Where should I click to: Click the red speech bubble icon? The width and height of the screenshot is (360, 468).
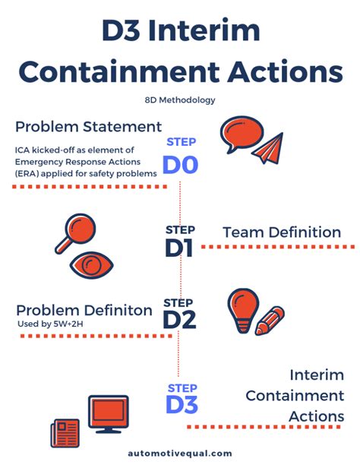point(242,134)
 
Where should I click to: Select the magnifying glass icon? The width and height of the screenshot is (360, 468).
point(76,232)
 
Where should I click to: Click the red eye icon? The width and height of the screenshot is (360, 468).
point(92,265)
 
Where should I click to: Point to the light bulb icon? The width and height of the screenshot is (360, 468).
point(243,311)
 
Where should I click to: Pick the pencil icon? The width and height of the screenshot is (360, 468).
point(270,321)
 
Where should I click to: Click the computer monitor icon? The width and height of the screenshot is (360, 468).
point(109,414)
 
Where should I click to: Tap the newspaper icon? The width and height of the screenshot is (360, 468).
point(65,433)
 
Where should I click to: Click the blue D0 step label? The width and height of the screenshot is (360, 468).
point(181,165)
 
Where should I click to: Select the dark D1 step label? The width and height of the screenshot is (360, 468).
point(179,248)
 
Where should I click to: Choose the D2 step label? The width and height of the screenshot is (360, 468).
point(179,320)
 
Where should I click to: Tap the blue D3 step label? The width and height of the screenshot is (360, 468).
point(182,404)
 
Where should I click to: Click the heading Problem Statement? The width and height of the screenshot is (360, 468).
point(89,127)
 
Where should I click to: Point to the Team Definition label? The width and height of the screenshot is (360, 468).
point(282,232)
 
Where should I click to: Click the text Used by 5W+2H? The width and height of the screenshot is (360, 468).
point(50,324)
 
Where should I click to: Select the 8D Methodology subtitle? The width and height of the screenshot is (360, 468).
point(180,100)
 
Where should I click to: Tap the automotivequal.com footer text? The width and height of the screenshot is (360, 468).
point(180,454)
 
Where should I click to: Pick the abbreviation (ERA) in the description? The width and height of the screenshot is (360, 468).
point(27,174)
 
